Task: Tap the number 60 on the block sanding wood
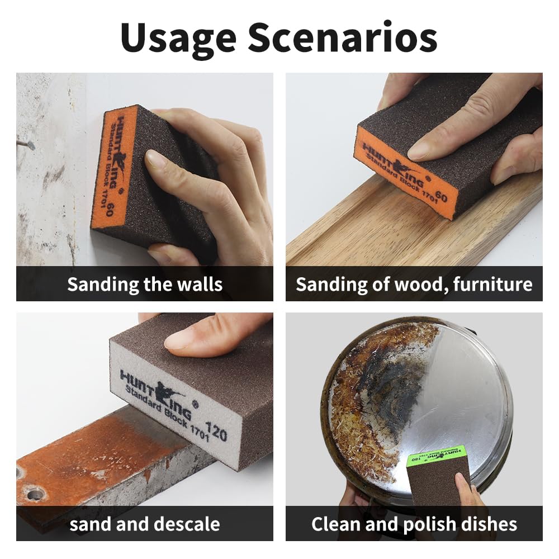click(x=441, y=197)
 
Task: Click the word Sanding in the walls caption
click(x=103, y=284)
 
